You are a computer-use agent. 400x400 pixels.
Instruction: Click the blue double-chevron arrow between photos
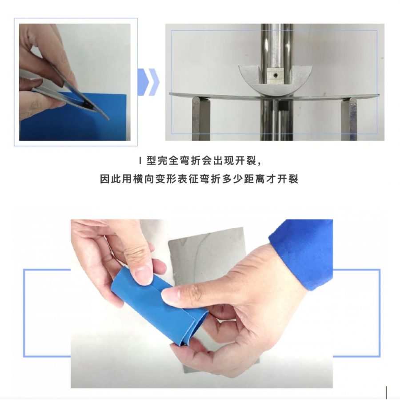click(x=148, y=82)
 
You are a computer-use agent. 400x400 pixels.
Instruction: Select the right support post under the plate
click(x=351, y=119)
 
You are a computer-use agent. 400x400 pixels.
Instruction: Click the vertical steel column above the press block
click(x=276, y=46)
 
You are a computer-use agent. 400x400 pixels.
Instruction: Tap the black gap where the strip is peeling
click(x=87, y=104)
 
